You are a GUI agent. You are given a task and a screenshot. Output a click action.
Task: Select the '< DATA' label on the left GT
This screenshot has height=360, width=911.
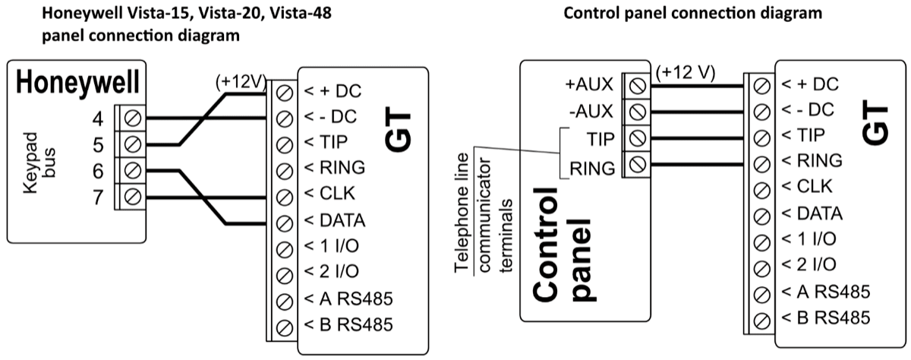tap(335, 222)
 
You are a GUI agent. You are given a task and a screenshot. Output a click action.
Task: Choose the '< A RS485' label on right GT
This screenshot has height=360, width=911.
tap(820, 292)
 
